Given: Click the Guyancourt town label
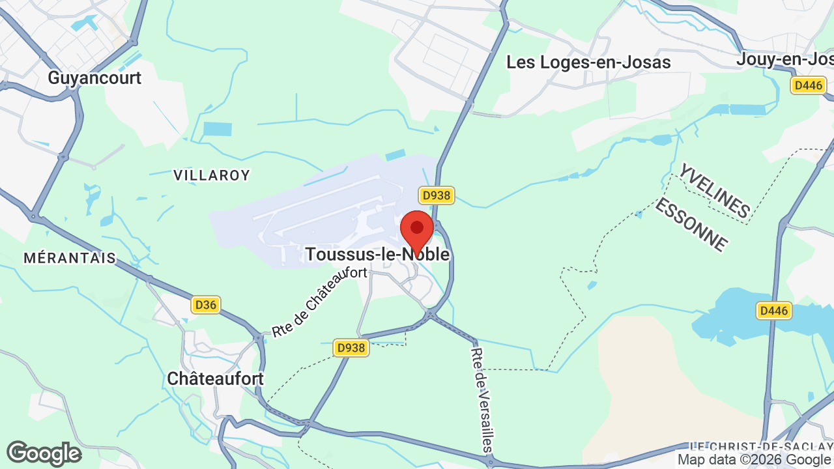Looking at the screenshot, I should (x=94, y=78).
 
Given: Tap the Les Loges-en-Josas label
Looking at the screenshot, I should (x=589, y=63).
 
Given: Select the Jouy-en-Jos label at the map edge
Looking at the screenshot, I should (x=784, y=59).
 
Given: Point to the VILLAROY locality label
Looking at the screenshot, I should (x=212, y=175).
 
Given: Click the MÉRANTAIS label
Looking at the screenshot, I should (x=70, y=258).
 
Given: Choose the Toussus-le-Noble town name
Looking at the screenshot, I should (x=377, y=254).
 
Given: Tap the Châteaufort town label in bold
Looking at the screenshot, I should (x=215, y=378).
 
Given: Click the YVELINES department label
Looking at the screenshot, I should (x=715, y=191).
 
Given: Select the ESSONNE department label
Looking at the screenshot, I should (x=690, y=225).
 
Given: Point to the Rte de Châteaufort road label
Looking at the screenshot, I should (x=319, y=302).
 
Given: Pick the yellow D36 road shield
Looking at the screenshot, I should (x=206, y=304).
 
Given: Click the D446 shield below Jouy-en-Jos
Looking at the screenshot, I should (x=809, y=85).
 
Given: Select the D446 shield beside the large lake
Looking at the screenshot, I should (x=774, y=311).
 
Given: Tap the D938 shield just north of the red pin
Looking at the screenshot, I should (x=437, y=195).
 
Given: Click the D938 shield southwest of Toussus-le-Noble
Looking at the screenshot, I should (x=351, y=348).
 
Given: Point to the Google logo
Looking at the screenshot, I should (x=44, y=453).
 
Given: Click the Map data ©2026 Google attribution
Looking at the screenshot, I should (x=755, y=460).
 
